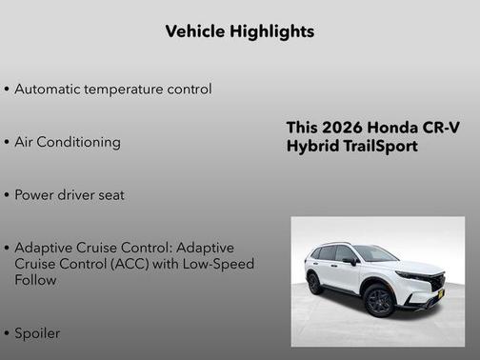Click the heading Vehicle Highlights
(239, 31)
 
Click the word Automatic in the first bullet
(50, 89)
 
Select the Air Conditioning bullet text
(67, 142)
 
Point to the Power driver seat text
(70, 195)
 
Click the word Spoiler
(37, 333)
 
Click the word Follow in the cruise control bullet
(36, 280)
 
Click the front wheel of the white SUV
(379, 301)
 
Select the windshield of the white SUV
(374, 253)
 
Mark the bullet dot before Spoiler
(7, 334)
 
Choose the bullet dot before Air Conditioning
(7, 143)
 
